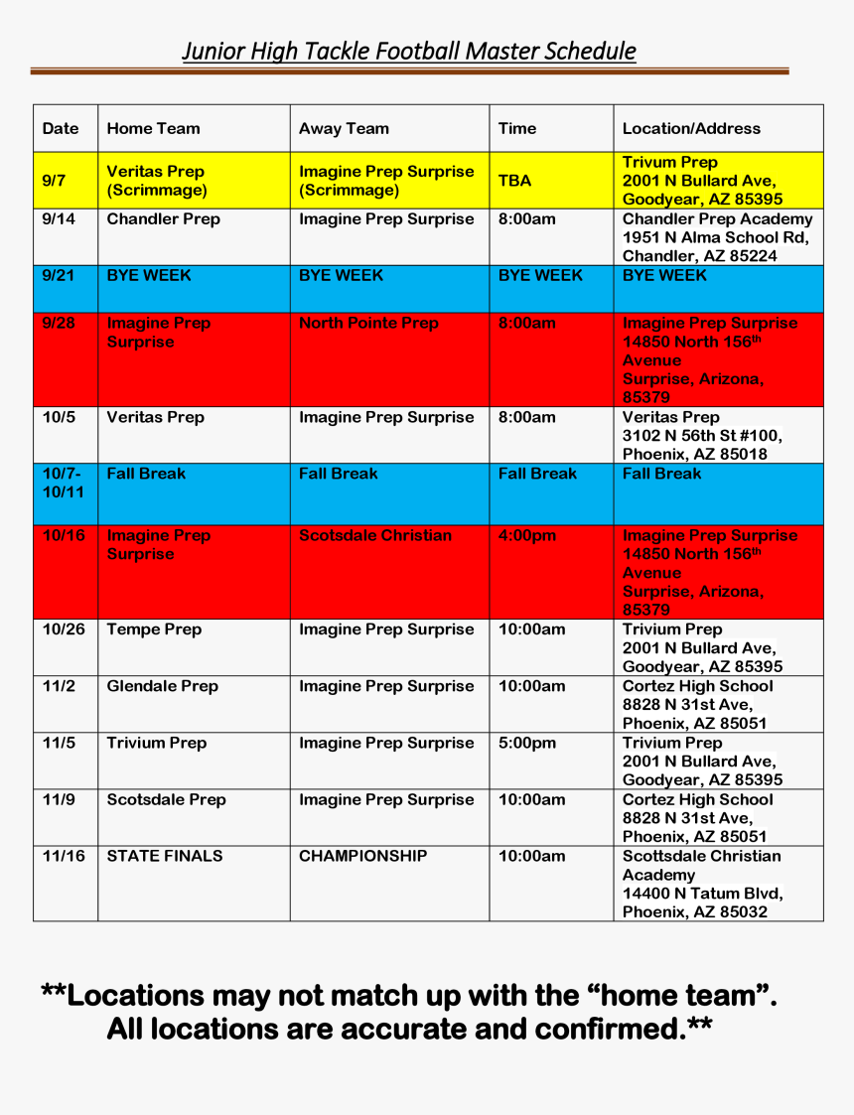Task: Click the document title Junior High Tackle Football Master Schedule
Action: coord(408,52)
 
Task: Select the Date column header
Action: coord(61,128)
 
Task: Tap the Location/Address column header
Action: coord(691,128)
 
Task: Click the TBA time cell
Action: coord(514,181)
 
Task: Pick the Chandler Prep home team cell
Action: coord(163,219)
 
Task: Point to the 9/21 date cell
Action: coord(59,276)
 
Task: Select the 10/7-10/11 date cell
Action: coord(63,483)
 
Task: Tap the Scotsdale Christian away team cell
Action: coord(375,536)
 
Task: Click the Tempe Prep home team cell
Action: coord(154,629)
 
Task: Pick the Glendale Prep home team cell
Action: coord(162,686)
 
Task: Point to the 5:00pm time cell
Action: coord(527,743)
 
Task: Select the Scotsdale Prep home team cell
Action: coord(166,799)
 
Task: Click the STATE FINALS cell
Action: coord(165,856)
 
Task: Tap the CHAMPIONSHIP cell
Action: coord(362,856)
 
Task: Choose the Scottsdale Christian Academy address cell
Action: coord(702,884)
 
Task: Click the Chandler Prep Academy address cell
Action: coord(717,237)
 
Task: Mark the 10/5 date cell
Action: coord(59,418)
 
